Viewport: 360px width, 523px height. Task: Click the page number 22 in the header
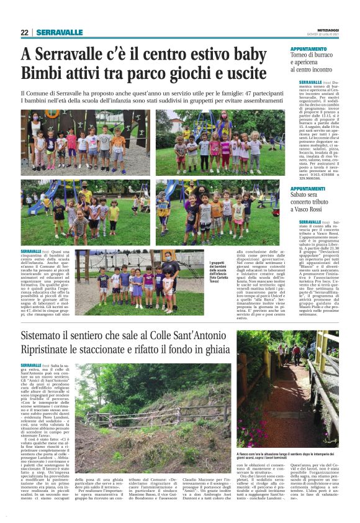[25, 32]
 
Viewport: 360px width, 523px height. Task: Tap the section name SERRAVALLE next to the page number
[59, 32]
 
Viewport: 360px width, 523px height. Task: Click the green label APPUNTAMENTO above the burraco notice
[308, 48]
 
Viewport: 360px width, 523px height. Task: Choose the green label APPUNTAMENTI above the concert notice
[308, 189]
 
